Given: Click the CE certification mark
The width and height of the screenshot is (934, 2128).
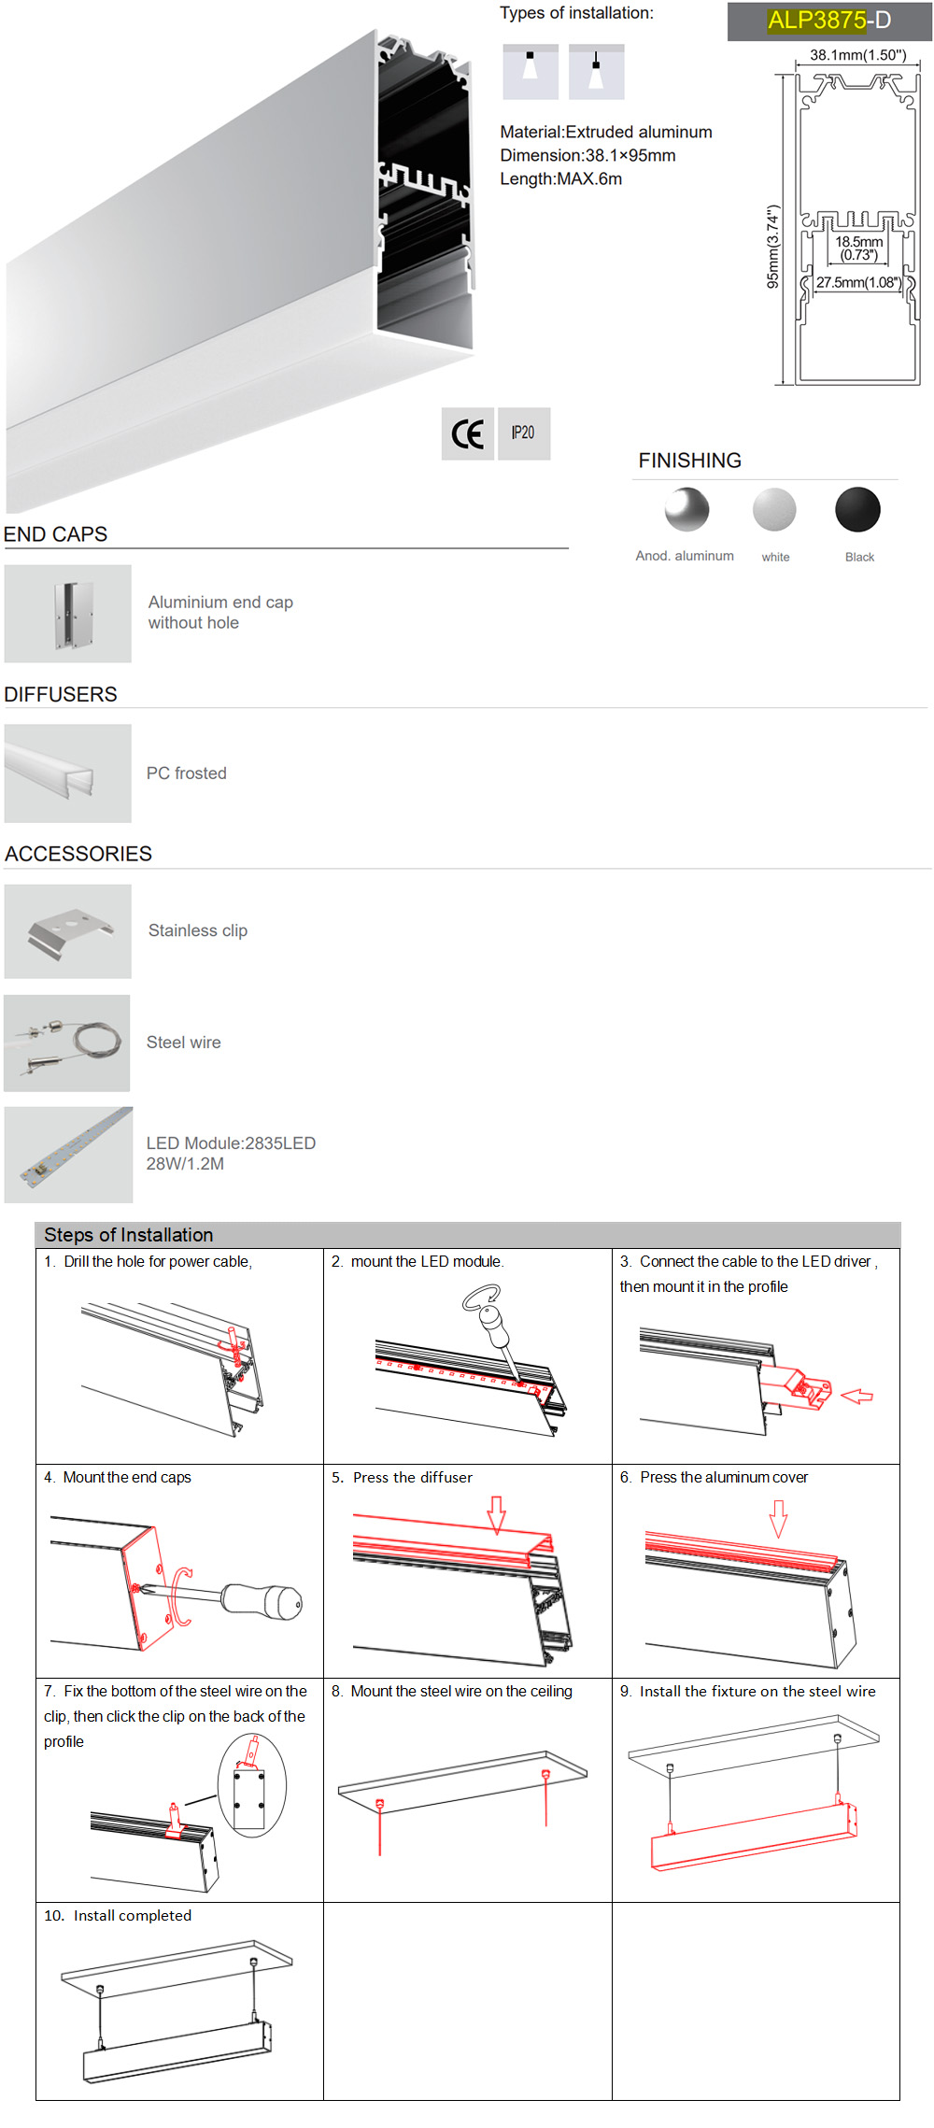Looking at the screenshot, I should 467,433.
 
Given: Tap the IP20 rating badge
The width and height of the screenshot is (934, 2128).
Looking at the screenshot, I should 524,433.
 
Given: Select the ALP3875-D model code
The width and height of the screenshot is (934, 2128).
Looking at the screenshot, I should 828,21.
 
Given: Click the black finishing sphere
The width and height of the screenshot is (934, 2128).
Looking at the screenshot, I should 857,510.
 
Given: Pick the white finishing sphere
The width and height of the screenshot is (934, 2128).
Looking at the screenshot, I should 774,510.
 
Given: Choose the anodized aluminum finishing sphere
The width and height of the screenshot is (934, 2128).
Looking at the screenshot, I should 686,510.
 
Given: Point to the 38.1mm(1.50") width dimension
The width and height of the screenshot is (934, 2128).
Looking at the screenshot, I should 857,55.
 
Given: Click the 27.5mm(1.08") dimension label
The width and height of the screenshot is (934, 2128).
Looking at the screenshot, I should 857,282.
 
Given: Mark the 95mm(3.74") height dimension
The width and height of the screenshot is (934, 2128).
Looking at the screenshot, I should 772,247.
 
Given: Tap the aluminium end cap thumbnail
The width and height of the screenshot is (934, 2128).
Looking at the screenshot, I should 68,614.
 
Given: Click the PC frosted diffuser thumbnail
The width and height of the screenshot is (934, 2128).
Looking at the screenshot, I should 68,773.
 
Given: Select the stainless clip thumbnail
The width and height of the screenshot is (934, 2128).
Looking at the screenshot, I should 68,931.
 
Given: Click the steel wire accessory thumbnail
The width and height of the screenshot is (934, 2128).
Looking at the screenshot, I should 67,1043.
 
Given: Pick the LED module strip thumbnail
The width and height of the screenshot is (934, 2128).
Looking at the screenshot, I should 68,1156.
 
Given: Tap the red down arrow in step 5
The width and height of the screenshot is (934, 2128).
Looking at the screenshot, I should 497,1514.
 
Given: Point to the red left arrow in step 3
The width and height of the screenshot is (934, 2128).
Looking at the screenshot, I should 856,1397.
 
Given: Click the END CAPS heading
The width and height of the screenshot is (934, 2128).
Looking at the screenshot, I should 56,534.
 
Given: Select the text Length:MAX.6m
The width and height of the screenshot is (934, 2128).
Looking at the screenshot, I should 560,179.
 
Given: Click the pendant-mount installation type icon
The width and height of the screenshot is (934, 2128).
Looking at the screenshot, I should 596,72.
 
